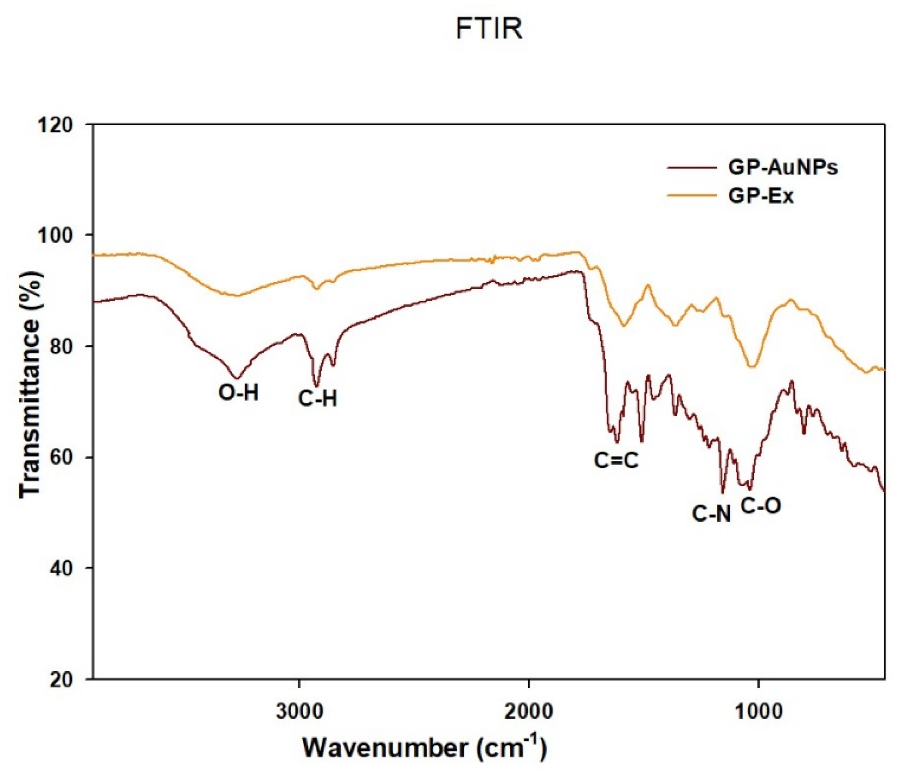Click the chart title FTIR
pos(489,30)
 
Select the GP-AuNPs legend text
pos(783,168)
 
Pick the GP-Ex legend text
pos(760,196)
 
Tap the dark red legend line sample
pos(692,168)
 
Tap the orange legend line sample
pos(692,196)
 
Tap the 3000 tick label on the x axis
pos(299,711)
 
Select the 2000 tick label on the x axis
pos(529,711)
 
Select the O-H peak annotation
pos(239,394)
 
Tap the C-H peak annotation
pos(318,399)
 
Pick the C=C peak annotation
pos(616,460)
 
